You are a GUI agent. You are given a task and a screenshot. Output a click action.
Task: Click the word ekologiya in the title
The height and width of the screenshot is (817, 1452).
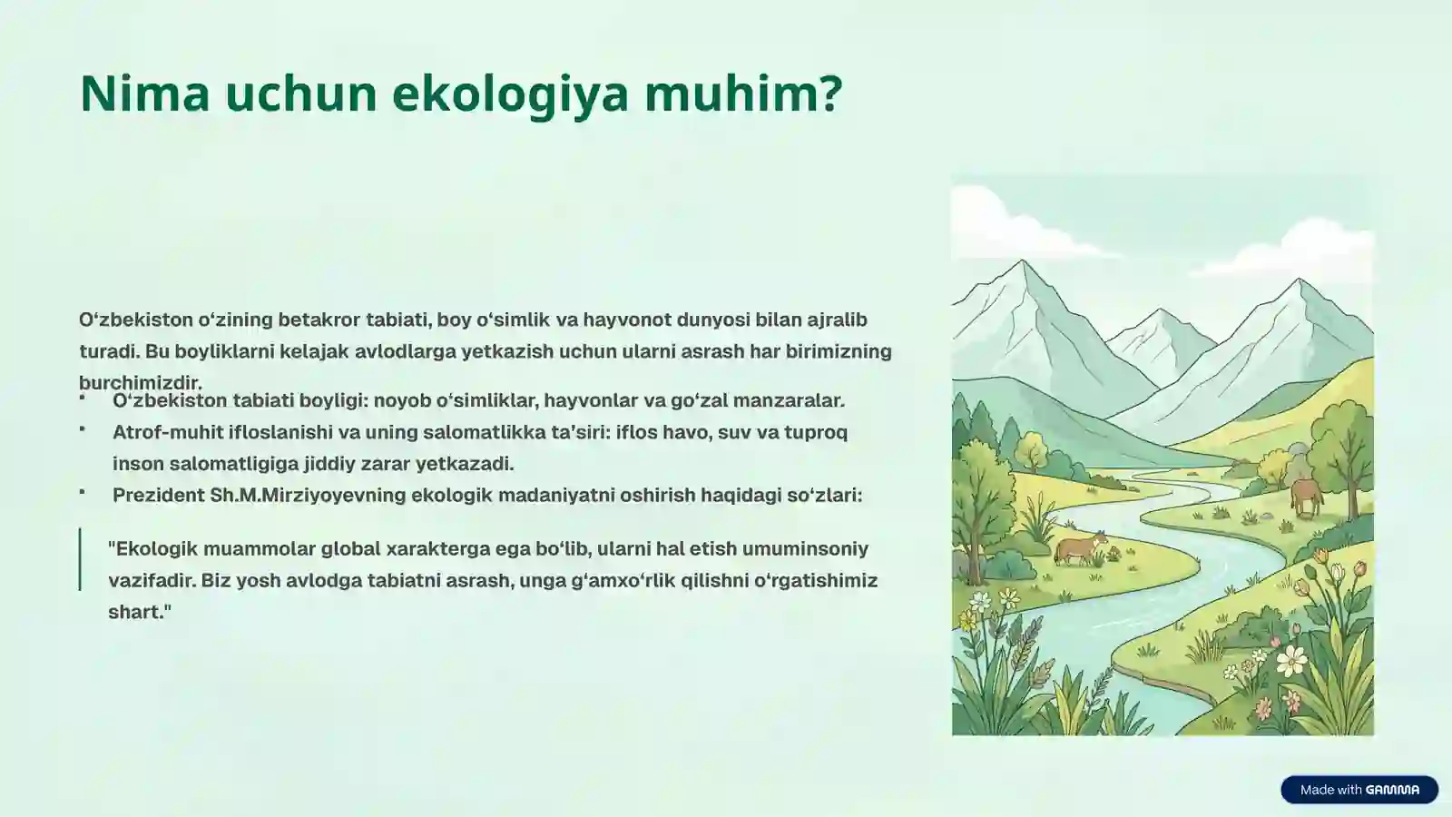(511, 94)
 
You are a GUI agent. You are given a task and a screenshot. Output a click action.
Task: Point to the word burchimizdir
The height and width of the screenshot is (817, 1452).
(141, 382)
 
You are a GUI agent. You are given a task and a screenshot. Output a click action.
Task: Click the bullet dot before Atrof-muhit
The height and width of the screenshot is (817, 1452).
(83, 428)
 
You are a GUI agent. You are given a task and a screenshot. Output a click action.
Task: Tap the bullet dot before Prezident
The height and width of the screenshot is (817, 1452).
(83, 491)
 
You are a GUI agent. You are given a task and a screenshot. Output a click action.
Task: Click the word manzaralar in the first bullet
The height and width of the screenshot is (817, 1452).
(788, 400)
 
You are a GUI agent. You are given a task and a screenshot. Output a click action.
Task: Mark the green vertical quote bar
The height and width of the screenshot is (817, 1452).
(81, 559)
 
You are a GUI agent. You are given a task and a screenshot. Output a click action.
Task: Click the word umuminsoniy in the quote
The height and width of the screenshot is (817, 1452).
(805, 548)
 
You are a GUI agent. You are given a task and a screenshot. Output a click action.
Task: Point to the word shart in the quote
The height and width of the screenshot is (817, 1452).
(136, 612)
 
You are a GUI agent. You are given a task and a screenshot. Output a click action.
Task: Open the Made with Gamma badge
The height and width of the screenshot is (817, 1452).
(1359, 790)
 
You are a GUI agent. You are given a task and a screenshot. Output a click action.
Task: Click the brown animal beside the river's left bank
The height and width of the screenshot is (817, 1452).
(1080, 549)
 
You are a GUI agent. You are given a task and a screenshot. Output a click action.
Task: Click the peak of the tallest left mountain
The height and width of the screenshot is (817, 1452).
(1023, 264)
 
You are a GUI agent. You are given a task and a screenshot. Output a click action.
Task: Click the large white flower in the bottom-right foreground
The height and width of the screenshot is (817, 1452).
(1290, 661)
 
